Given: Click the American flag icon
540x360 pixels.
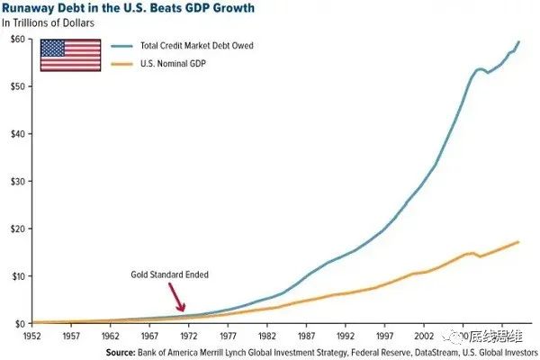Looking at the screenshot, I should tap(70, 56).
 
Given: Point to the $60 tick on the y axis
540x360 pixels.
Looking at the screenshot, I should tap(17, 40).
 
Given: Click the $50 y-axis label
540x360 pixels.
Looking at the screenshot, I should tap(17, 86).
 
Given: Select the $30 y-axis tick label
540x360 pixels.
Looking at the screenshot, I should tap(17, 181).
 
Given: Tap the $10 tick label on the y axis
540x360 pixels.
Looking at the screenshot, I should tap(17, 275).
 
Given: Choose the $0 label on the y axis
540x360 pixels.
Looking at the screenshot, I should tap(20, 323).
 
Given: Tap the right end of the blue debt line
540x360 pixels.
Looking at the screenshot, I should tap(519, 41).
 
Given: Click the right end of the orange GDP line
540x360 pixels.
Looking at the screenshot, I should tap(519, 241).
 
